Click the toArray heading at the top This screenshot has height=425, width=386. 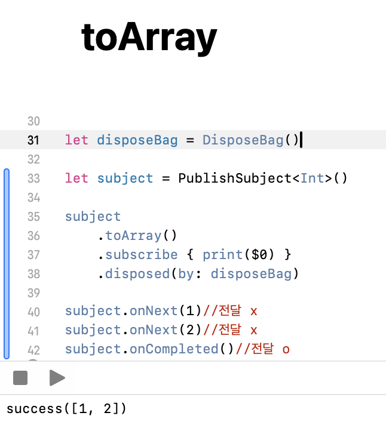click(149, 37)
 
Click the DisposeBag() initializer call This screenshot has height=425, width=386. click(250, 140)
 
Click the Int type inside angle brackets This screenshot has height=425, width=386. click(313, 178)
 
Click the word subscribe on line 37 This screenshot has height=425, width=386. click(142, 255)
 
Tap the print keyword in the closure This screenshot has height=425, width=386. click(222, 255)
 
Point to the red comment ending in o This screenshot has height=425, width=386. click(262, 349)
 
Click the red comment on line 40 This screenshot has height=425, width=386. click(230, 311)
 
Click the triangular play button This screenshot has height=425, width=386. click(57, 378)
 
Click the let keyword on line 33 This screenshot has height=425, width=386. click(76, 178)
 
